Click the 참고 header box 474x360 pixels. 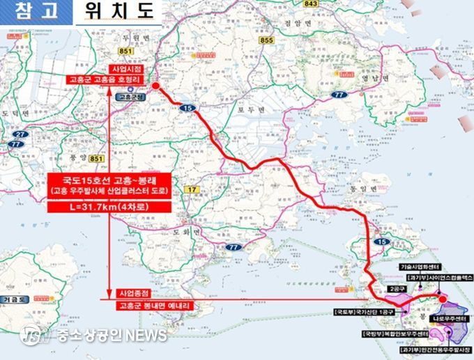[x=33, y=12]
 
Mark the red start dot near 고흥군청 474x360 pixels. [x=155, y=86]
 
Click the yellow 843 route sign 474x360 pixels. [x=311, y=3]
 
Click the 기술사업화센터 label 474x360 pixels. [x=422, y=267]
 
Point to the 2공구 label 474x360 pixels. [x=397, y=288]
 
